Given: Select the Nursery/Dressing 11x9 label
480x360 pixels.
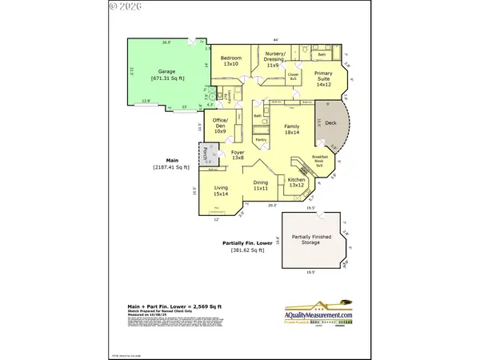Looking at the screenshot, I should click(x=274, y=59).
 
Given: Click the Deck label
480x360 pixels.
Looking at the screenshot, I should click(x=330, y=125).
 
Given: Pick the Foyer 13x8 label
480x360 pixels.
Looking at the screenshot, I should click(x=237, y=155).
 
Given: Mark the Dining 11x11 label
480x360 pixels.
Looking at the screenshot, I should click(x=261, y=187).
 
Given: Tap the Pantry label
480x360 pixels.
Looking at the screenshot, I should click(x=261, y=139).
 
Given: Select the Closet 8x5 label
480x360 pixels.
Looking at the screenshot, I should click(x=293, y=78).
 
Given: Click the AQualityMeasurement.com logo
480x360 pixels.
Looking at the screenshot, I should click(x=319, y=314).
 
